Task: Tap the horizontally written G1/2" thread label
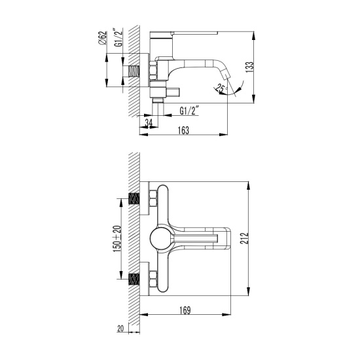[189, 111]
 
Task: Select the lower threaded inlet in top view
[135, 279]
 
